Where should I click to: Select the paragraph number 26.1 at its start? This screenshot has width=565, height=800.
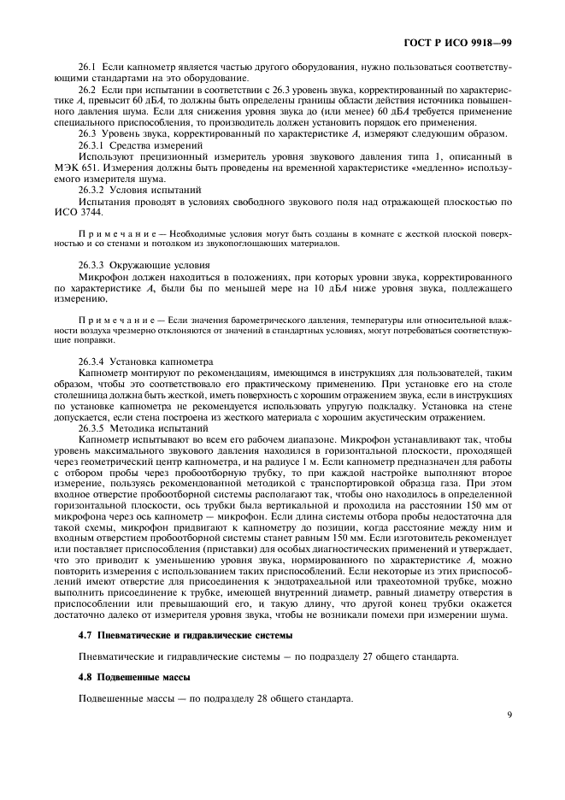coord(88,66)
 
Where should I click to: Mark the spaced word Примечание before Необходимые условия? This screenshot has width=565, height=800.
coord(119,232)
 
